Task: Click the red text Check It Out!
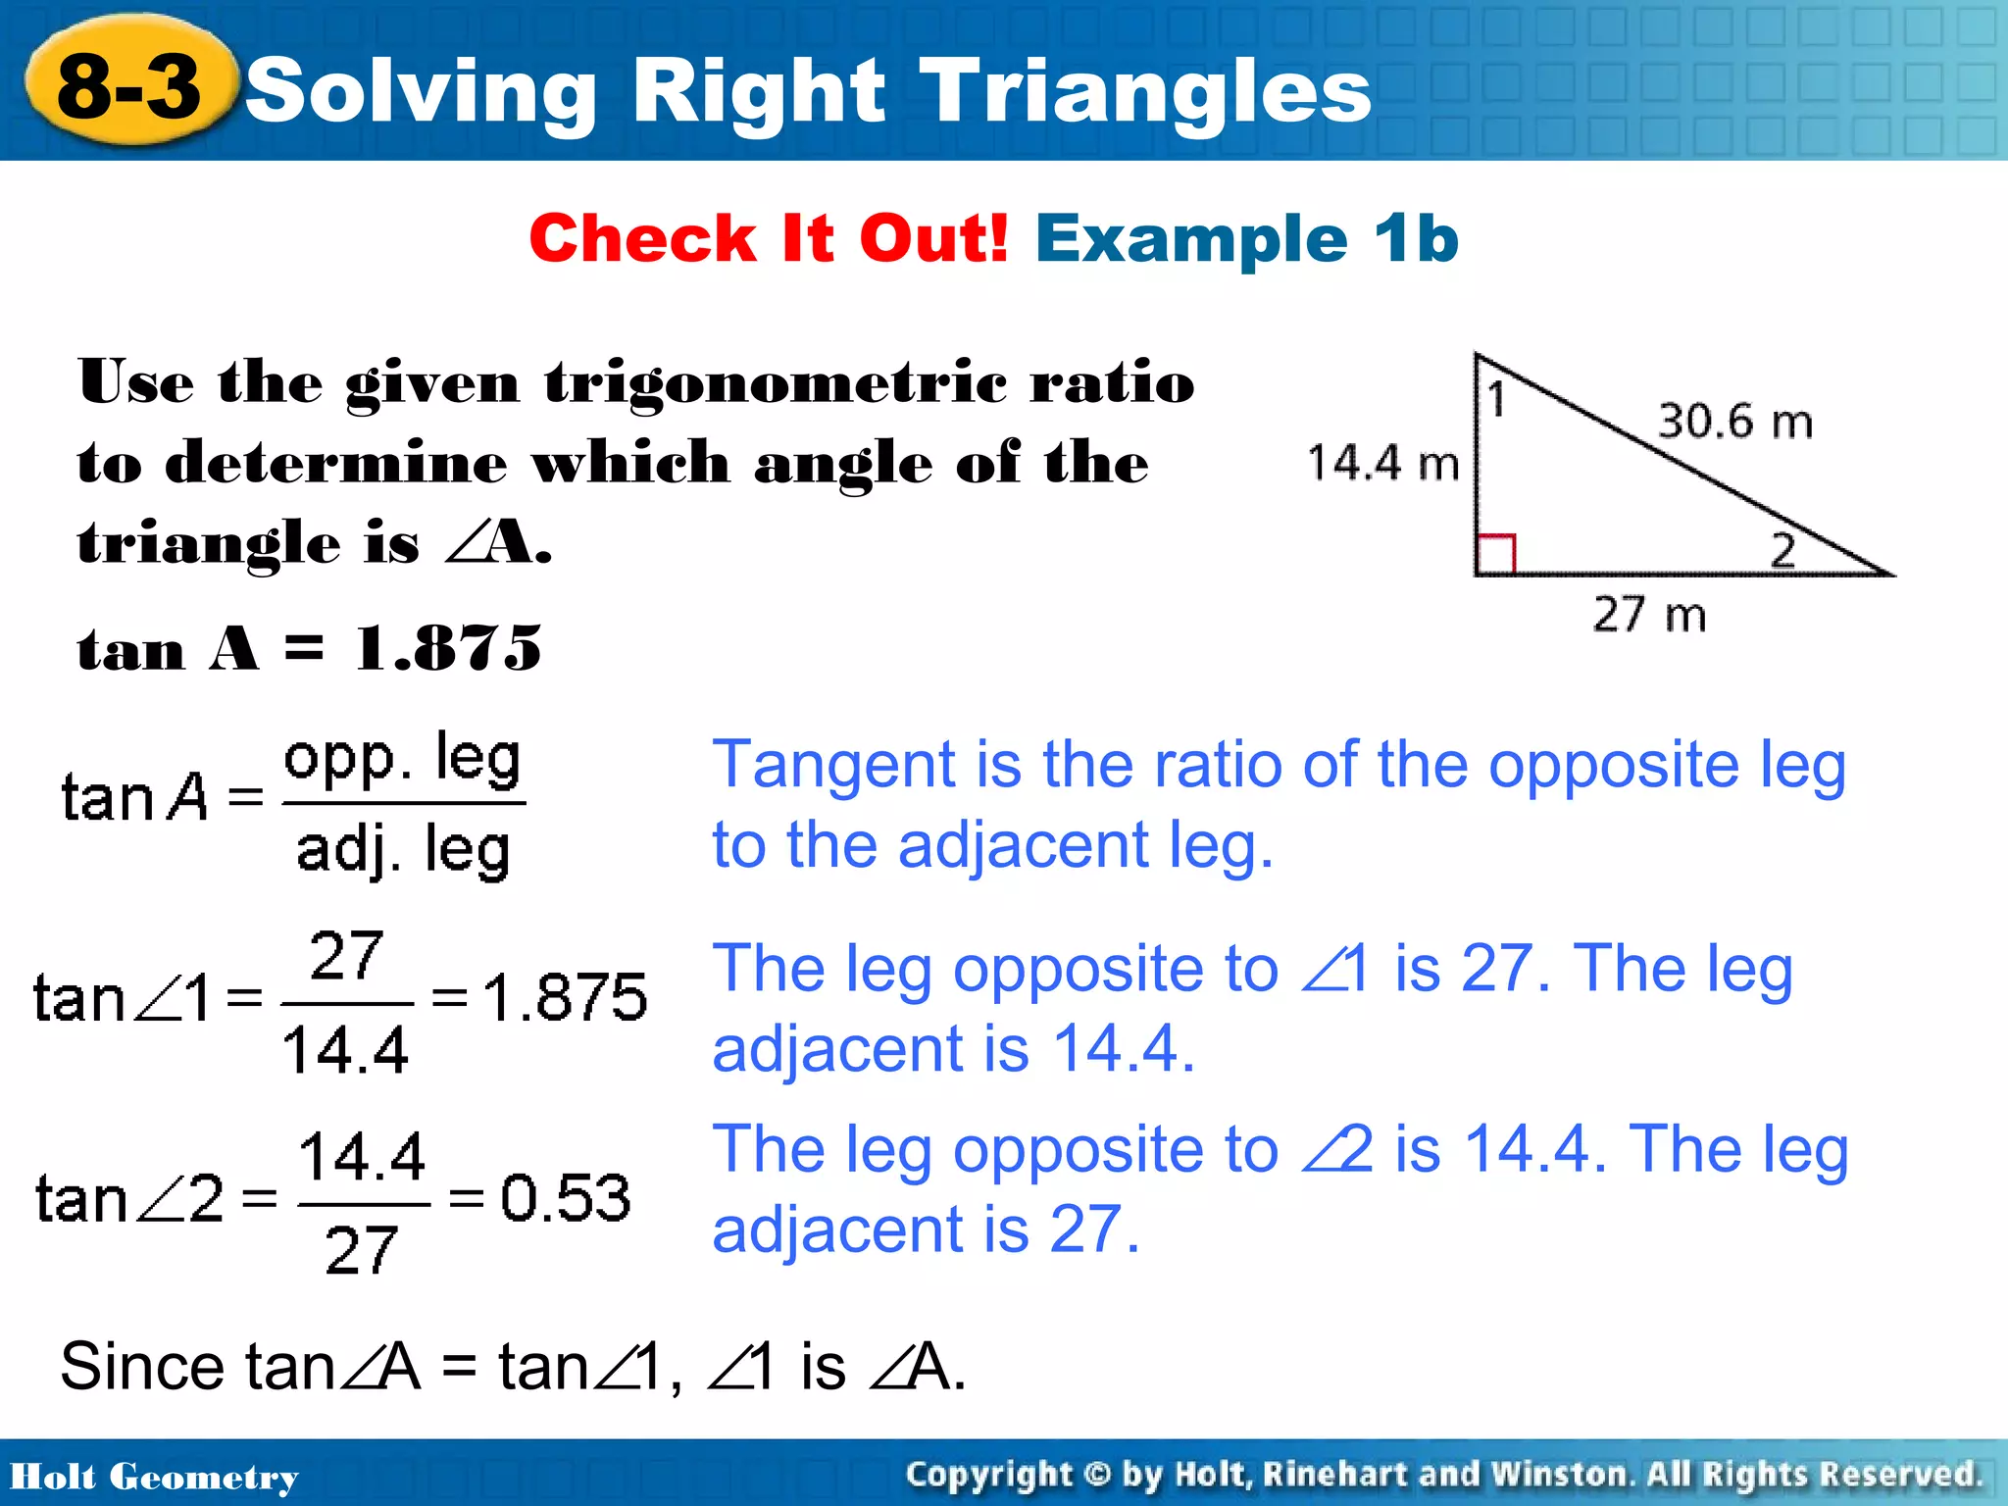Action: coord(768,238)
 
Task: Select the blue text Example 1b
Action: coord(1246,238)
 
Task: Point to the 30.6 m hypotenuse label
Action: coord(1734,422)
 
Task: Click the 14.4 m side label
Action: coord(1382,463)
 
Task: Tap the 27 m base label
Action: coord(1649,615)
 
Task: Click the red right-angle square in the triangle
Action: coord(1497,553)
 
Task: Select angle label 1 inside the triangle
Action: coord(1496,400)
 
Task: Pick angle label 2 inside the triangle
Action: coord(1782,550)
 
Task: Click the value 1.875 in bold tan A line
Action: coord(448,649)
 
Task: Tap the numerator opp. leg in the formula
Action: coord(402,759)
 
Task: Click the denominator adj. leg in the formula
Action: coord(403,849)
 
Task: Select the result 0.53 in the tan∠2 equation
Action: coord(566,1198)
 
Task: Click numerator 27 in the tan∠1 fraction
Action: coord(345,955)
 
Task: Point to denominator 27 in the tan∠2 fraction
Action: coord(361,1250)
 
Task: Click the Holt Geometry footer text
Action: coord(154,1477)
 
